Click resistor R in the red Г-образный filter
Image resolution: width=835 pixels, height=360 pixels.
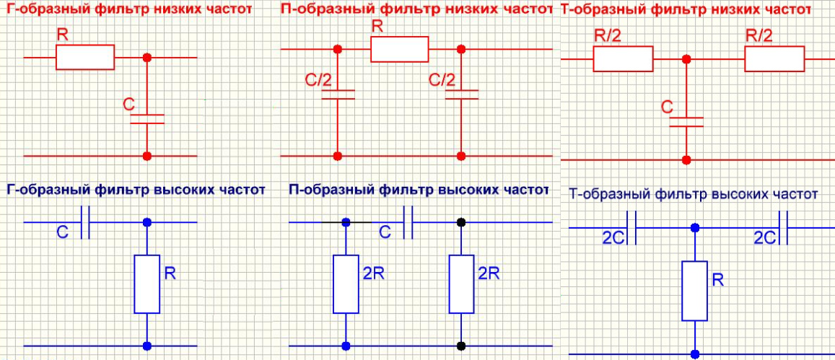[85, 57]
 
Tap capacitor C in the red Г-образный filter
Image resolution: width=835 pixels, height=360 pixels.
[147, 119]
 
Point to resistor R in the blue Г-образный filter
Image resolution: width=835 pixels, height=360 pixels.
[147, 283]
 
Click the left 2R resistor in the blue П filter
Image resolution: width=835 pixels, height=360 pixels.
[346, 284]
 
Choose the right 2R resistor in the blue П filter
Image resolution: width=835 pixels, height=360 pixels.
[461, 284]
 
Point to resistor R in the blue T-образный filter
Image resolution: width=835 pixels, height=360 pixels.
[694, 291]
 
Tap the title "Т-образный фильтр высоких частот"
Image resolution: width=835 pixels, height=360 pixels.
[693, 194]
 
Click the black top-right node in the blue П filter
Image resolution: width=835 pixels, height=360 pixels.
[461, 222]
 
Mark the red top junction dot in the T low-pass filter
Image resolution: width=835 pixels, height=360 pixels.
[686, 59]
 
